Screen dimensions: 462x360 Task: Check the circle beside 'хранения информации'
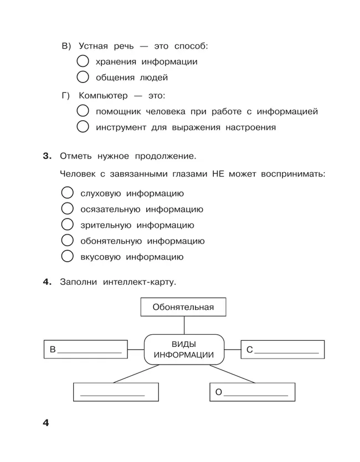point(83,61)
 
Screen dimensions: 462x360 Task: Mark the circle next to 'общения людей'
point(83,77)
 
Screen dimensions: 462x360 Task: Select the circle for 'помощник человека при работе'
point(83,111)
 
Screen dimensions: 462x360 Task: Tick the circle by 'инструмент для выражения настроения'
point(83,127)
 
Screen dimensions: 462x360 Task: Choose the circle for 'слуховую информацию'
point(67,193)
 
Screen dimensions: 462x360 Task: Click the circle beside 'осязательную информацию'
point(67,209)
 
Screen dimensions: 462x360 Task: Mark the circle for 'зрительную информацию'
point(67,225)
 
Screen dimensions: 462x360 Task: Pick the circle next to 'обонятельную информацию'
point(67,241)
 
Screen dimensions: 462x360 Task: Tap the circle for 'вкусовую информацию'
point(67,257)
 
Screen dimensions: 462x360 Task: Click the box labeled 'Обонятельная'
point(183,307)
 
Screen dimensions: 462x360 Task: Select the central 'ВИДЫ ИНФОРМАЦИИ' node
point(183,349)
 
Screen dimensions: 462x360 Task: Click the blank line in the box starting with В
point(89,351)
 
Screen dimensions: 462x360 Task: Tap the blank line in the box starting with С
point(286,351)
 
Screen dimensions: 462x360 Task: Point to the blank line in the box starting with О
point(255,393)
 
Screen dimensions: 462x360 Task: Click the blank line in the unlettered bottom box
point(112,393)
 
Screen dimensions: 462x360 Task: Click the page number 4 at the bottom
point(46,423)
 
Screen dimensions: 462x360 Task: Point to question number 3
point(47,156)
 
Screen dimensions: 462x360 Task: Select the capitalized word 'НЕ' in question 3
point(218,174)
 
